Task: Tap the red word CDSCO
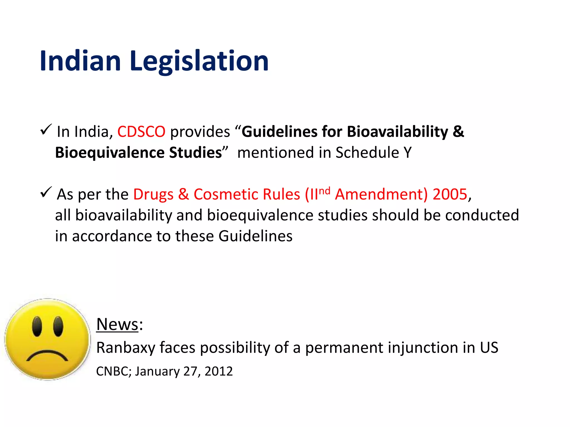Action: (x=141, y=132)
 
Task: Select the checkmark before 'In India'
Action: (x=46, y=130)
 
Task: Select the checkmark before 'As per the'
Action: (x=46, y=192)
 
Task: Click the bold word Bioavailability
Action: (x=398, y=132)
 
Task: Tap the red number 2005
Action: (x=450, y=194)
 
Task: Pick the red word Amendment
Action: (x=381, y=194)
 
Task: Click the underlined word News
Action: (x=117, y=324)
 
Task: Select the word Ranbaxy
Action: (x=126, y=348)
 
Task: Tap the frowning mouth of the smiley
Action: (x=47, y=356)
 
